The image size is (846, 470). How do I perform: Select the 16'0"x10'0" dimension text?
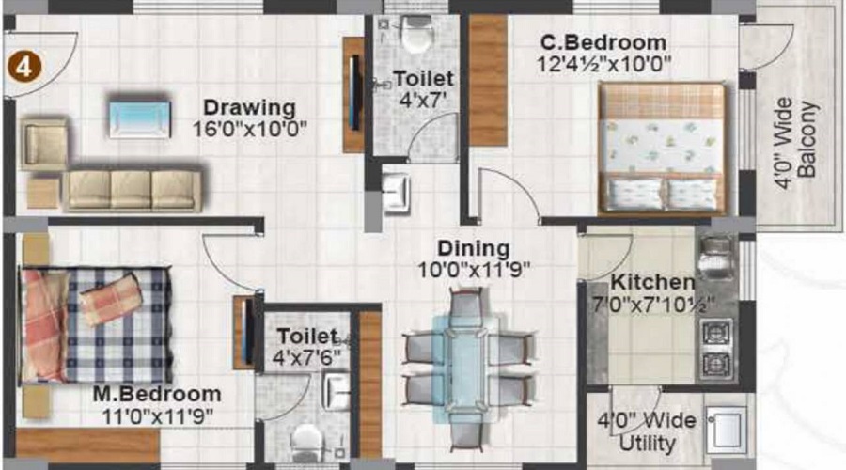(249, 129)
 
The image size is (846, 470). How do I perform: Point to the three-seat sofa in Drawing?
(132, 190)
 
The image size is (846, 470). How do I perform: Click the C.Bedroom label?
(603, 42)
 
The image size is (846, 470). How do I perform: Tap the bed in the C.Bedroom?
(664, 148)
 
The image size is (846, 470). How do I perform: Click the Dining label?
(474, 249)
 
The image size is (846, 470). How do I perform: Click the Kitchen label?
(652, 282)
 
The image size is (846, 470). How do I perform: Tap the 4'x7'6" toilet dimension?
(307, 357)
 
